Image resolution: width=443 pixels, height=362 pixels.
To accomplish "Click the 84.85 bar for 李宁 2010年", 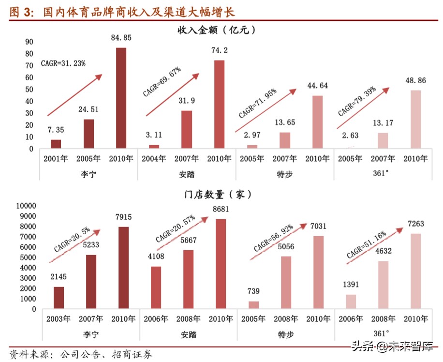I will (x=121, y=98).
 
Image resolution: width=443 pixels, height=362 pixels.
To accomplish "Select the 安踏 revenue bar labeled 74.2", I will (x=219, y=104).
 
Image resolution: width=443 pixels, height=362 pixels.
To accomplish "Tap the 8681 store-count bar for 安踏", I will (x=221, y=264).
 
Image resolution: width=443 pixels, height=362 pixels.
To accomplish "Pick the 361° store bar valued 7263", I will (x=415, y=271).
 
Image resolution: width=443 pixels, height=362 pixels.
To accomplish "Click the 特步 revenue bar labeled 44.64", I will (x=317, y=121).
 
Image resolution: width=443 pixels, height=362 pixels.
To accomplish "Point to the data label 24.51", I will (x=88, y=109).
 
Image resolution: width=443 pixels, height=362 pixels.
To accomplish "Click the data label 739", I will (x=253, y=291).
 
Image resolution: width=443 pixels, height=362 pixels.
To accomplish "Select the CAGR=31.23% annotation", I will (x=63, y=63).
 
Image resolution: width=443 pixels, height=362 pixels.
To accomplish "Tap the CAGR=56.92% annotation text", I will (x=278, y=238).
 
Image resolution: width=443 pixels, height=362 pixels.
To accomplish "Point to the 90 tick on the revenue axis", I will (x=29, y=42).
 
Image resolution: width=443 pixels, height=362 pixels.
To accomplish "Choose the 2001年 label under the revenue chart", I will (x=55, y=159).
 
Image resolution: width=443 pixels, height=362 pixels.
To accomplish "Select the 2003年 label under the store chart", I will (x=58, y=319).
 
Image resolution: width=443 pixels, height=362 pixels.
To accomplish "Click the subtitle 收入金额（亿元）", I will (x=216, y=30).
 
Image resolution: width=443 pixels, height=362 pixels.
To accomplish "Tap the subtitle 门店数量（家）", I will (x=218, y=195).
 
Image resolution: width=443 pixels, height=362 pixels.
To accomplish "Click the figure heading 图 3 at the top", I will (x=21, y=12).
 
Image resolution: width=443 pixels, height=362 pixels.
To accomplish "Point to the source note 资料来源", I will (x=29, y=354).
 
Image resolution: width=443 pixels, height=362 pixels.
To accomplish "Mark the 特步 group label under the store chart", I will (x=285, y=334).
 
